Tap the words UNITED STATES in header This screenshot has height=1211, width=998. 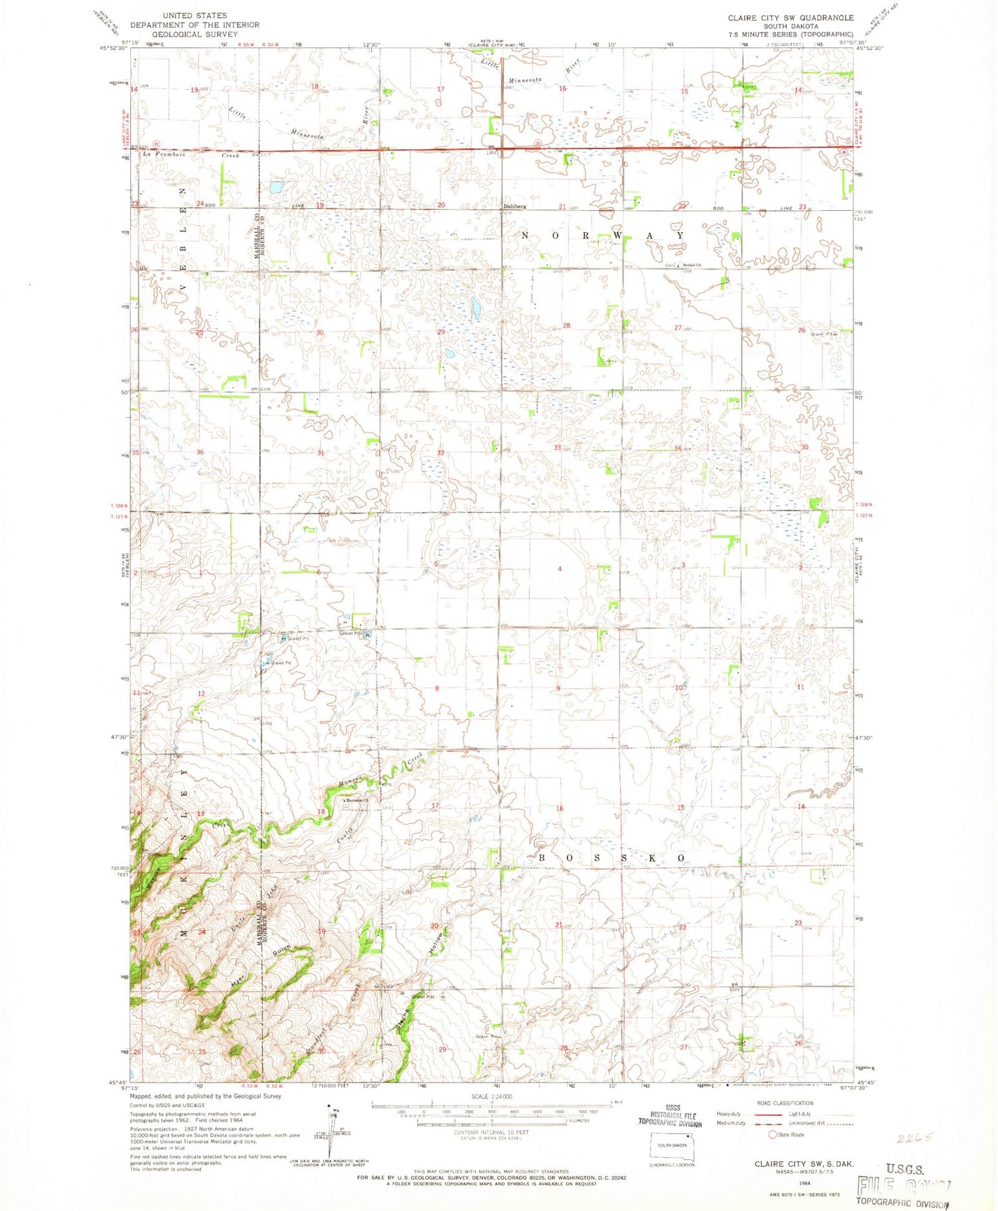coord(194,15)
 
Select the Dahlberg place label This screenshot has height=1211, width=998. coord(514,206)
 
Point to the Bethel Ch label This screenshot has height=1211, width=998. coord(690,265)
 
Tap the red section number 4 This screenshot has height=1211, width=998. coord(560,569)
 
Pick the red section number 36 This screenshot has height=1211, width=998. coord(200,452)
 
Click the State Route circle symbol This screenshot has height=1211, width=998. coord(772,1134)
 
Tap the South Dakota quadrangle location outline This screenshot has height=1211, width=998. coord(672,1146)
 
